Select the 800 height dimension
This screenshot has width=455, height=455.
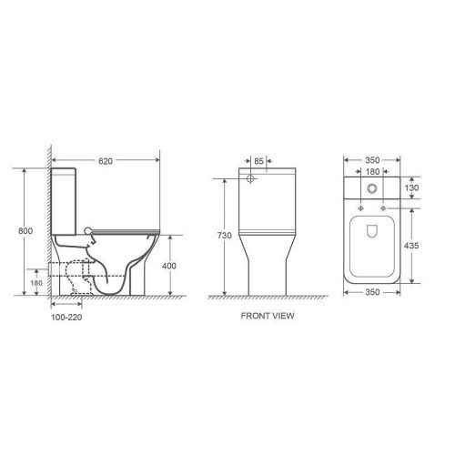[26, 232]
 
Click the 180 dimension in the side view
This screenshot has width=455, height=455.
[36, 282]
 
